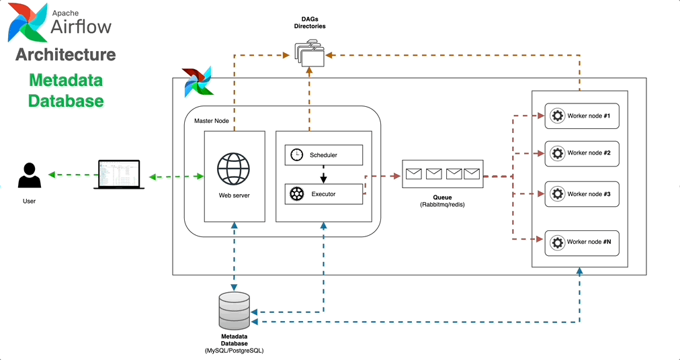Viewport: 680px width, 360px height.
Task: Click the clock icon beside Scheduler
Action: pos(296,155)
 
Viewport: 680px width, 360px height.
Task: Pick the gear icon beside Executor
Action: pos(296,194)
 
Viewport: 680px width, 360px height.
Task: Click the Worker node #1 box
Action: pos(581,116)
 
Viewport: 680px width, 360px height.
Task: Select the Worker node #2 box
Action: pos(581,153)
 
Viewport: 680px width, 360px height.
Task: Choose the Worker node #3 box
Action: pos(581,194)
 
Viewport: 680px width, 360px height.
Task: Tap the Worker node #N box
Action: pos(581,242)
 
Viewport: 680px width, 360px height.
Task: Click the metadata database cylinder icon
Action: pos(234,310)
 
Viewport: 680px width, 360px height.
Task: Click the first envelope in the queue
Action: pos(413,175)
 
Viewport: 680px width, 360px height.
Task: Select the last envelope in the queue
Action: pos(472,175)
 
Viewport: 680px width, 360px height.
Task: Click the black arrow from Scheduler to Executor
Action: pos(323,177)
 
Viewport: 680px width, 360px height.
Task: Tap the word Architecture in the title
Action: pos(66,54)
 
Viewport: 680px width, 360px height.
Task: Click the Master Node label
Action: pos(206,121)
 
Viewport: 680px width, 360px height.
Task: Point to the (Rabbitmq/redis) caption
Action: pos(442,204)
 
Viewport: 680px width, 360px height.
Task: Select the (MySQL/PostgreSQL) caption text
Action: pos(234,351)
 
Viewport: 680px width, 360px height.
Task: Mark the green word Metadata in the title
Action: pos(66,81)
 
